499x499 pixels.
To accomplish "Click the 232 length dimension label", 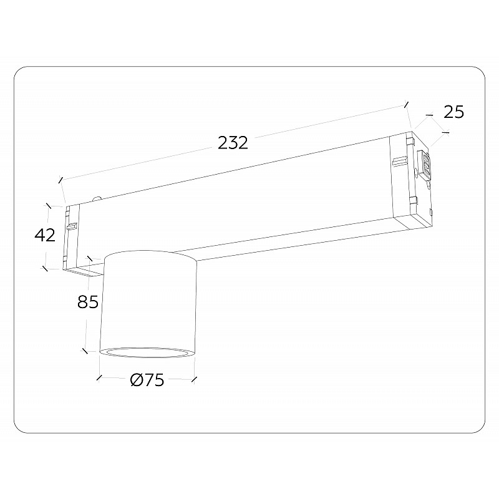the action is (x=233, y=143).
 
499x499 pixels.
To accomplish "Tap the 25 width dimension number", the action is (x=454, y=112).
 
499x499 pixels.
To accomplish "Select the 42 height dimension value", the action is (x=45, y=235).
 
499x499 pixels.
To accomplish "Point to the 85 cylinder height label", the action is (x=88, y=301).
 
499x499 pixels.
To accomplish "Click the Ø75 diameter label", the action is (x=147, y=380).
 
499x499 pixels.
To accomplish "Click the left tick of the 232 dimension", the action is (x=60, y=180).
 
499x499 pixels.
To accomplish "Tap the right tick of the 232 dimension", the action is (x=406, y=104).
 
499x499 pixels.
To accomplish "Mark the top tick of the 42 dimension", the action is (x=49, y=206).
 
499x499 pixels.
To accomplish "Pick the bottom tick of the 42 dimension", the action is (x=45, y=269).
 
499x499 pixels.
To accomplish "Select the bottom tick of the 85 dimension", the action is (x=85, y=351).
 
